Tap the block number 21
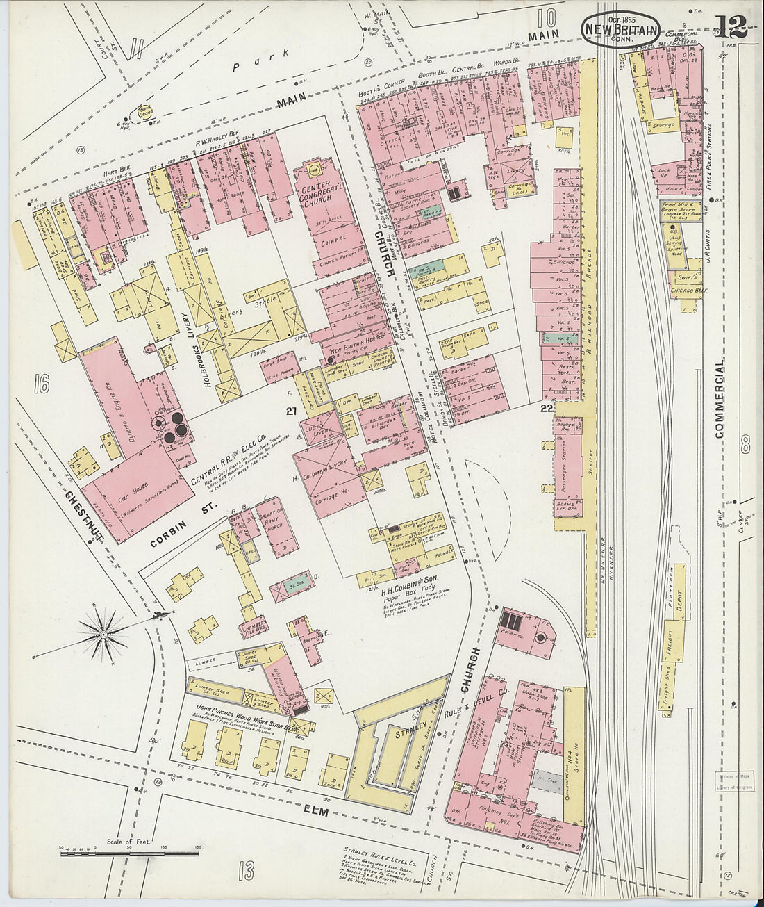tap(291, 411)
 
